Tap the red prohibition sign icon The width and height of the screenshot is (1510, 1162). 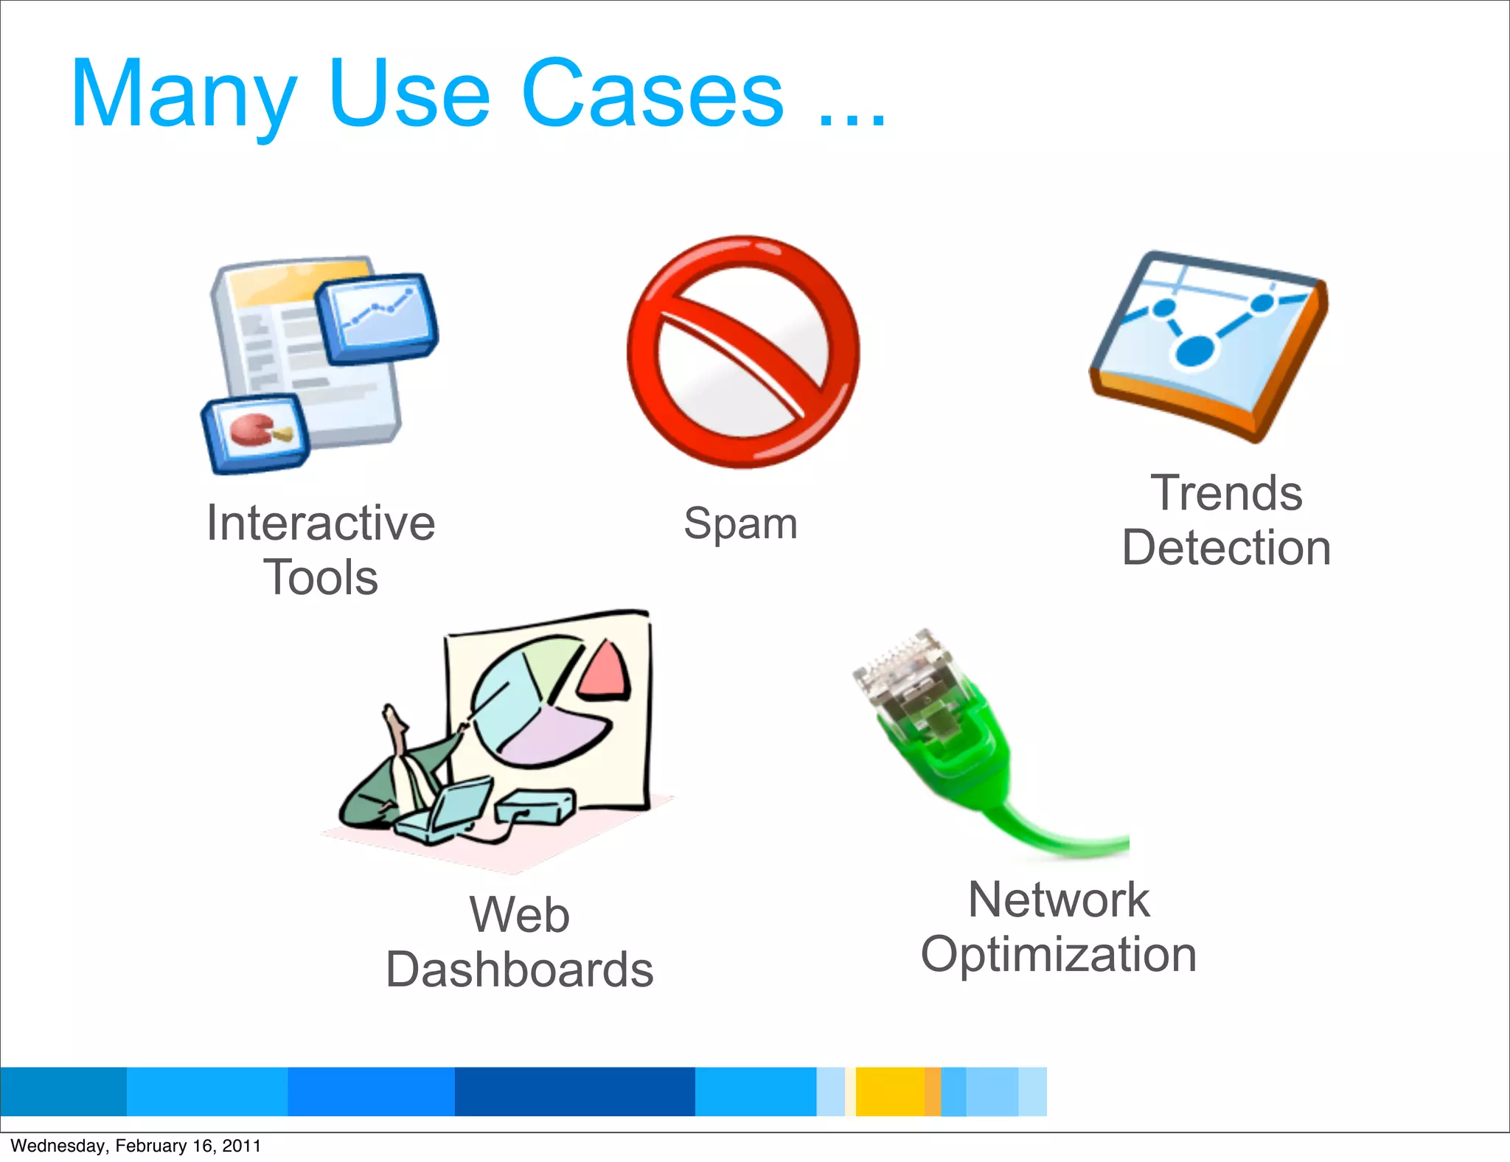[742, 352]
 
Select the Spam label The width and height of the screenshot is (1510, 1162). [740, 524]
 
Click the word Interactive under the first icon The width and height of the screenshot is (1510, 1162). [321, 523]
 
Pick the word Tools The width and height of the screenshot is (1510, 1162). [321, 577]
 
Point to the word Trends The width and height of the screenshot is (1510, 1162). [1226, 493]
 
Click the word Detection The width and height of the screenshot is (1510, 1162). [1226, 548]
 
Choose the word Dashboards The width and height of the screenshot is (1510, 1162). [519, 970]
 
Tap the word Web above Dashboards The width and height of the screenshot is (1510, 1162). [519, 915]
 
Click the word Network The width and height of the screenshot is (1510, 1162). [1058, 900]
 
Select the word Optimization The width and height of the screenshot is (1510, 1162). [1058, 955]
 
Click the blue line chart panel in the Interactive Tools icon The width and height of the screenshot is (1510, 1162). [377, 316]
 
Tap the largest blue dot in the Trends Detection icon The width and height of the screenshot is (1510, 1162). [1194, 349]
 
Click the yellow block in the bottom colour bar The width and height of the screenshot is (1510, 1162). [890, 1091]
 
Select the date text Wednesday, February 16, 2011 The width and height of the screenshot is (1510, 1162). [136, 1146]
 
